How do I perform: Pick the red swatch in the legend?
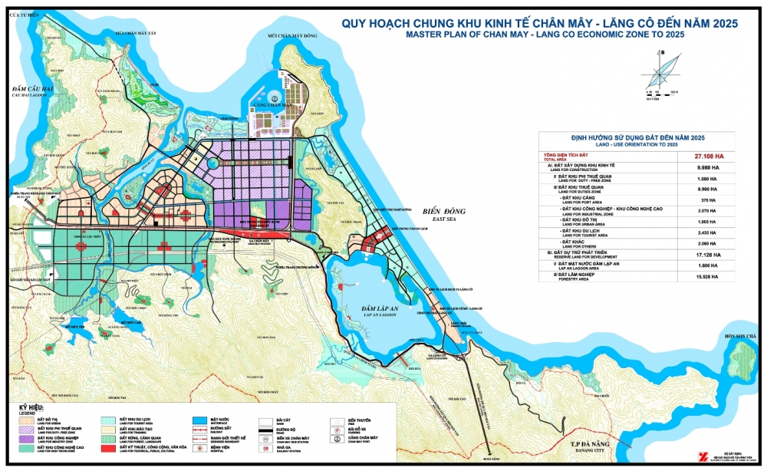point(108,448)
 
